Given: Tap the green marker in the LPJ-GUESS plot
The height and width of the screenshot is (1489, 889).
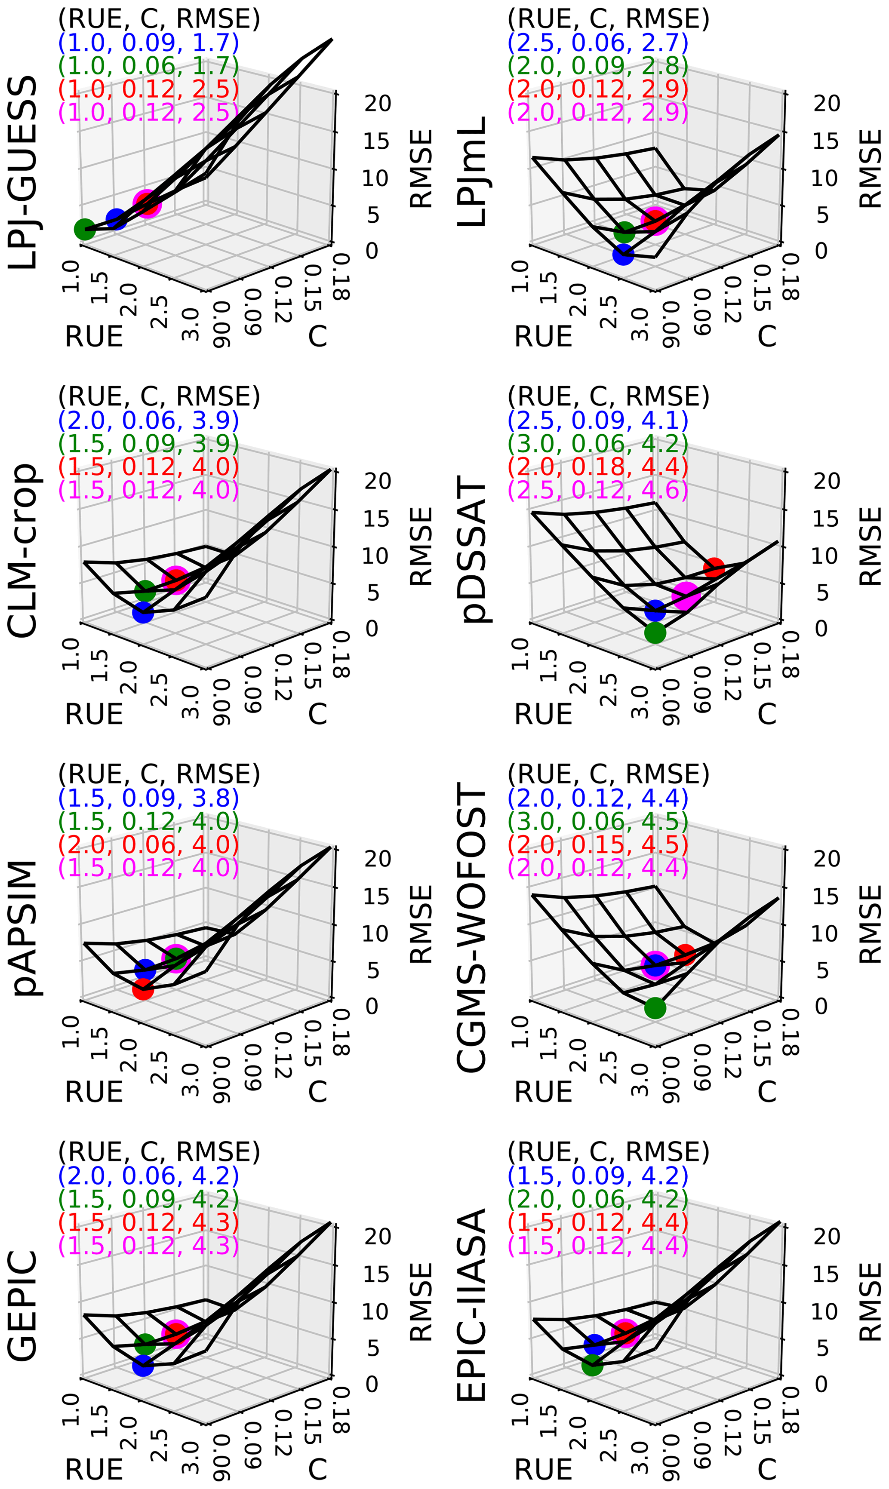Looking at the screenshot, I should coord(85,229).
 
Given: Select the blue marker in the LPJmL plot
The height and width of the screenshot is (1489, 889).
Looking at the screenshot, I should coord(623,255).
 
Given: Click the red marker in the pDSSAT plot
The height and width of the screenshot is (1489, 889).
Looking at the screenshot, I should coord(714,568).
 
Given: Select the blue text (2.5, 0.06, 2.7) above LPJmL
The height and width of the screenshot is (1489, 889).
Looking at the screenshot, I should coord(598,43).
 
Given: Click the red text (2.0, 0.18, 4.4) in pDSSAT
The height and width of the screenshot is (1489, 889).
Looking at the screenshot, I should coord(598,467).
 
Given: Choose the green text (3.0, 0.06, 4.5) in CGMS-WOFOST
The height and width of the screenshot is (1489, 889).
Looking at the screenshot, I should coord(598,821).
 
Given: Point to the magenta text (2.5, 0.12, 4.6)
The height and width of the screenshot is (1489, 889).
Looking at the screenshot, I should coord(598,490).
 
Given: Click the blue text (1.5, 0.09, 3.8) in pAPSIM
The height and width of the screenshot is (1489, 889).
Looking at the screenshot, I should coord(148,798).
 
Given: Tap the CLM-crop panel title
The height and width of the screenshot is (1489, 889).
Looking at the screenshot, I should coord(23,550).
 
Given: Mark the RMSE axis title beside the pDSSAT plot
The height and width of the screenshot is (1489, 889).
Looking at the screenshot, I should coord(870,546).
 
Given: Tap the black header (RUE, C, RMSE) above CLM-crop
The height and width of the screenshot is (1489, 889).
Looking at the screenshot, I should coord(159,397).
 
